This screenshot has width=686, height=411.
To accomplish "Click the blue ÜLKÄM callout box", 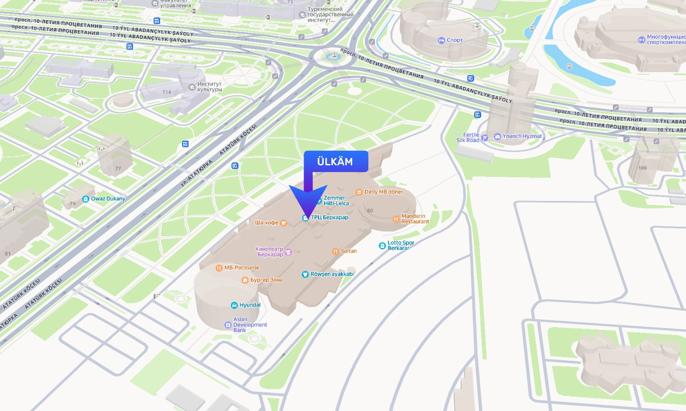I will coord(336,161).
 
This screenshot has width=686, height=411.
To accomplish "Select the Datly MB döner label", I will coord(383,192).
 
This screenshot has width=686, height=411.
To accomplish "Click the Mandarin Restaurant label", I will coord(415,219).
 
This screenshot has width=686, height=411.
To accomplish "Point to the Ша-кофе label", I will coord(267,223).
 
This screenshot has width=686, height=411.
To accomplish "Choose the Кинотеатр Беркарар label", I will coord(270,252).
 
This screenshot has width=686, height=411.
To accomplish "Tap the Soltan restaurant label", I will coord(348,251).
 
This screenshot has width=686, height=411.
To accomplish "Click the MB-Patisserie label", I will coord(241,268).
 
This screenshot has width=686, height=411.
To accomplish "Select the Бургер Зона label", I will coord(266,280).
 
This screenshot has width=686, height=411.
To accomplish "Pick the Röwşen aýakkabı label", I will coord(332,274).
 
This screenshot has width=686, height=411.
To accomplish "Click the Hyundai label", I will coord(250,305).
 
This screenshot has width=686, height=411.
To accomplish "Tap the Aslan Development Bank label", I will coord(250,325).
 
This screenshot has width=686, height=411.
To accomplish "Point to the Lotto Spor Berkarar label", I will coord(400,245).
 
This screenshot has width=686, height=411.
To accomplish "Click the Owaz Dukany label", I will coord(108,199).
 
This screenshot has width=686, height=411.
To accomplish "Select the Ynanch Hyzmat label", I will coord(522,136).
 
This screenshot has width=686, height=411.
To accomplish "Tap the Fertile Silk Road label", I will coord(468,137).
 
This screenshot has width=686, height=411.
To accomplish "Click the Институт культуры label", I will coord(209,86).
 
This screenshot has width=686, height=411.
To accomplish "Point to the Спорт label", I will coord(454,40).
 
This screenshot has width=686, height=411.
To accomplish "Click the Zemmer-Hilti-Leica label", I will coord(336,200).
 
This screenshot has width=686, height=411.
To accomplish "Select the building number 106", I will coord(642,168).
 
